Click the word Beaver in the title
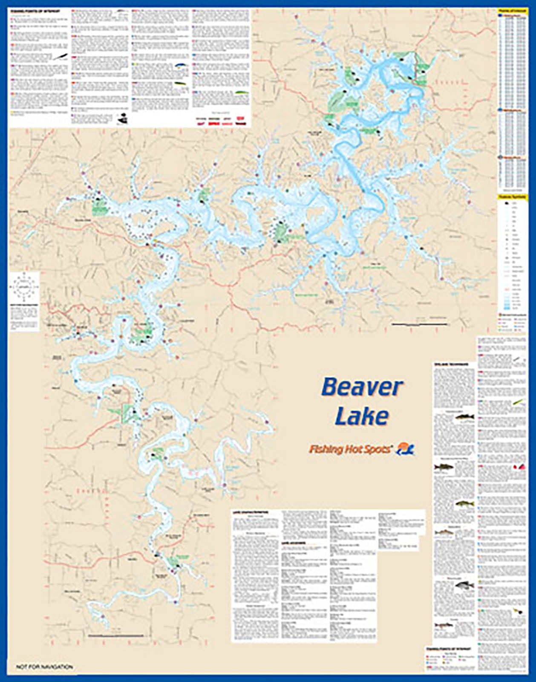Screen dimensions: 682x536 coord(361,387)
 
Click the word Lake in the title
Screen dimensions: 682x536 coord(361,416)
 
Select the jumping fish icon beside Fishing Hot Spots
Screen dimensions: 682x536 coord(406,448)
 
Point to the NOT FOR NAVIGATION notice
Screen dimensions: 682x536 coord(44,667)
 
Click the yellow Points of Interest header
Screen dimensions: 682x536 coord(512,12)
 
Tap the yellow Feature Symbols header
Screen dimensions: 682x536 coord(512,197)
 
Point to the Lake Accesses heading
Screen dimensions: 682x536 coord(293,543)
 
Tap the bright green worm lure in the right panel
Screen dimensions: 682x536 coord(518,402)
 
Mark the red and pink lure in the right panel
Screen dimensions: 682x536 coord(520,466)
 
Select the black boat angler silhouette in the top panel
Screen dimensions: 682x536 coord(122,119)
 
